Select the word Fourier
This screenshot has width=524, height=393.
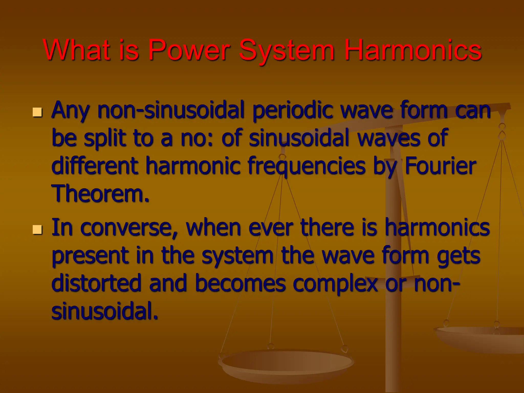[x=440, y=166]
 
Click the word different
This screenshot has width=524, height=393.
[x=95, y=166]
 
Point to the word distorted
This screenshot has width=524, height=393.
[x=96, y=283]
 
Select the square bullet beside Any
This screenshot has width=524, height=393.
[x=37, y=112]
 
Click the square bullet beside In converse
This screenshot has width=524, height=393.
[x=37, y=229]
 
